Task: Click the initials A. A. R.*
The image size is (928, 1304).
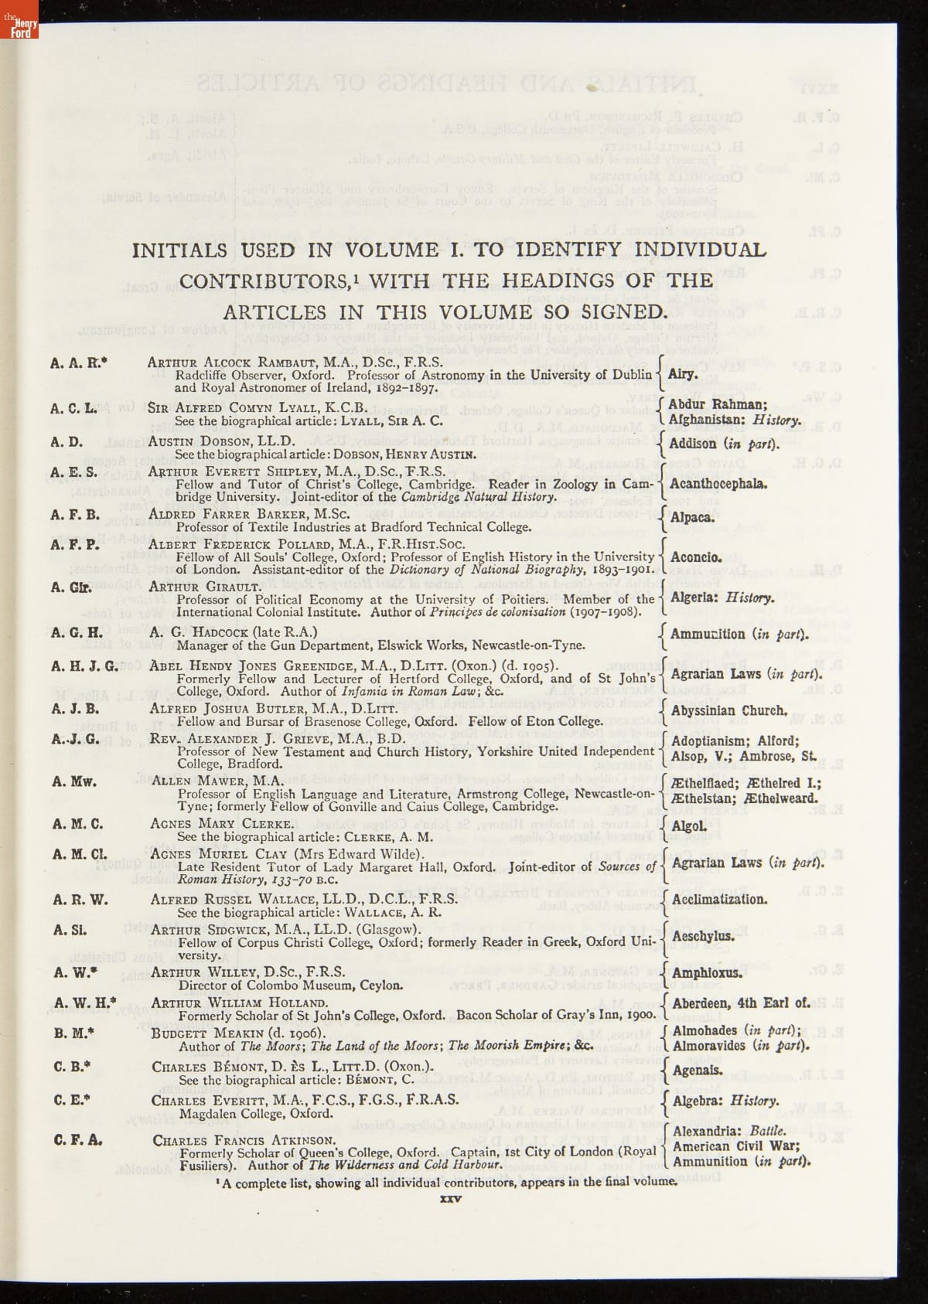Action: pyautogui.click(x=79, y=361)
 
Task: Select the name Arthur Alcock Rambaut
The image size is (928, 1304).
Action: pyautogui.click(x=248, y=362)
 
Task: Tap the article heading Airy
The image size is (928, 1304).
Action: pyautogui.click(x=683, y=375)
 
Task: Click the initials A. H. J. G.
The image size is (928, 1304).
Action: pyautogui.click(x=84, y=666)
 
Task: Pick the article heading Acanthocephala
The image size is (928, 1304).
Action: pyautogui.click(x=718, y=485)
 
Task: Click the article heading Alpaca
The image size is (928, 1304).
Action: pyautogui.click(x=692, y=517)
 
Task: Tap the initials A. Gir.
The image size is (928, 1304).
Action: pyautogui.click(x=71, y=587)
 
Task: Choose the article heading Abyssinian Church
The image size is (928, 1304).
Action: pyautogui.click(x=729, y=710)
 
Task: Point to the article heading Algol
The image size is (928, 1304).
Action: pyautogui.click(x=689, y=826)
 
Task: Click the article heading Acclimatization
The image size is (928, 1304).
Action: pyautogui.click(x=719, y=900)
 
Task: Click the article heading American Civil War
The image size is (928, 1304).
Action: pyautogui.click(x=736, y=1146)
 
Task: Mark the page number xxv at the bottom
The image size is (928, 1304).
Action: pyautogui.click(x=450, y=1199)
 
